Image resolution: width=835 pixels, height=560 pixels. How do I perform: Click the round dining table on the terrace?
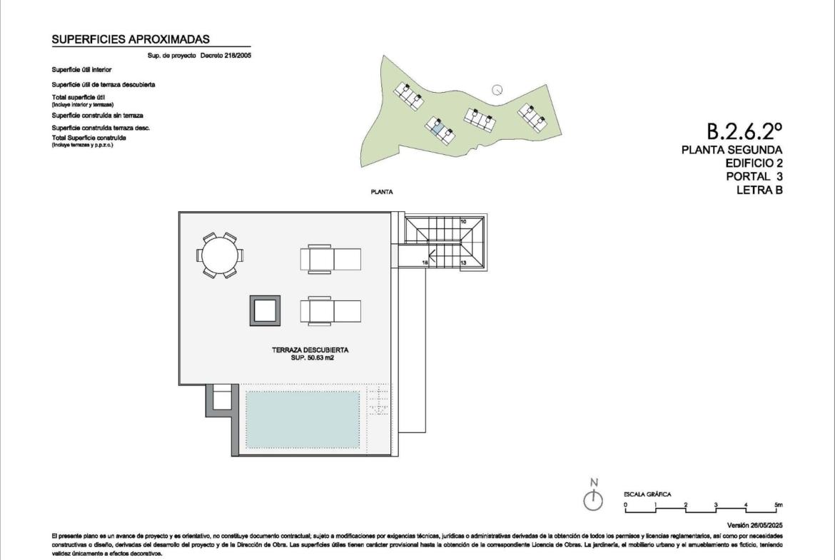tap(219, 255)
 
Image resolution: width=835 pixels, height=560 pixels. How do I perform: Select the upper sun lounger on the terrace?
tap(330, 259)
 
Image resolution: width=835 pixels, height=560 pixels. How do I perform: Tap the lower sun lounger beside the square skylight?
tap(330, 311)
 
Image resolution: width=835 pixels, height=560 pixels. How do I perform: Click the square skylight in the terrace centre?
tap(265, 311)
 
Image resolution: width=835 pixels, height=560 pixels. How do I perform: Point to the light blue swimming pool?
tap(303, 419)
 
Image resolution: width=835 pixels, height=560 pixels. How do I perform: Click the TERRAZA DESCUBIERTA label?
tap(310, 350)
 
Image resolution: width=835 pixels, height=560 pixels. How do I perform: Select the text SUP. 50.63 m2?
tap(312, 357)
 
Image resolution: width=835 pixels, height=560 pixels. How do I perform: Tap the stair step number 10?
tap(463, 221)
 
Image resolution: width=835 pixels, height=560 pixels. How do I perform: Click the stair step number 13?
tap(463, 263)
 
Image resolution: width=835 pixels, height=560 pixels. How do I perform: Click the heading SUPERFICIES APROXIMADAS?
tap(131, 39)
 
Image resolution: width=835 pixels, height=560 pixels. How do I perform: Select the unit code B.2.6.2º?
tap(744, 131)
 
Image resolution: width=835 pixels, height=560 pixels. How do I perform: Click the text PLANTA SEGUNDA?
tap(732, 150)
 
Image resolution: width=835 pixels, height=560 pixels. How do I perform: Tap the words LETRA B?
tap(759, 190)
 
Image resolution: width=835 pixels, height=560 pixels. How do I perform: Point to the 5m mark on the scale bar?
tap(779, 504)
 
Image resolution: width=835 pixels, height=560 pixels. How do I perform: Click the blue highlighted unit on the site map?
tap(437, 128)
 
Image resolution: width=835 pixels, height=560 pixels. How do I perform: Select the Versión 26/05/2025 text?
tap(754, 525)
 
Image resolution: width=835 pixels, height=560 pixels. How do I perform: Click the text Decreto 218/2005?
tap(226, 56)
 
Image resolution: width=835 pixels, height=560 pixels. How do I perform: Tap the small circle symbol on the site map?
tap(497, 89)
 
